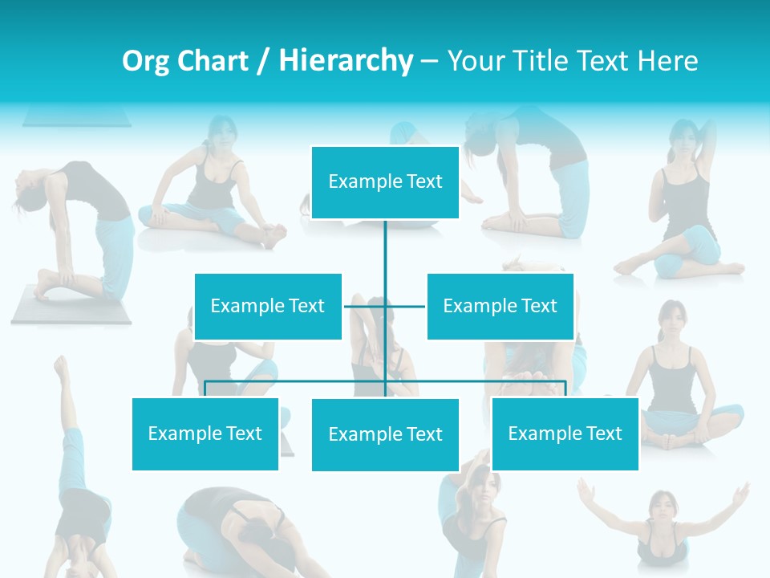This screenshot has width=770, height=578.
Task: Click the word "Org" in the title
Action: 144,61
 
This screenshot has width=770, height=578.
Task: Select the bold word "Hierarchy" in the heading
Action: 346,61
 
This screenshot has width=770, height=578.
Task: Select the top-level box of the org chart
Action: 385,182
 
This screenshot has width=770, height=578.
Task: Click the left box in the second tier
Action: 268,306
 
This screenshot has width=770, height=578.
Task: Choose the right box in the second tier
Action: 500,306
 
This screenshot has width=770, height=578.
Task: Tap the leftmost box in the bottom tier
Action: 205,433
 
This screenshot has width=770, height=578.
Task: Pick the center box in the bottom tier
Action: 385,434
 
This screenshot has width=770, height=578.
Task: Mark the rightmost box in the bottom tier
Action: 565,433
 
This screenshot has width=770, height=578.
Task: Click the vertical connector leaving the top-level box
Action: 385,249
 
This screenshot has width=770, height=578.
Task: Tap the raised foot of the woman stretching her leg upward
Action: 60,365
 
